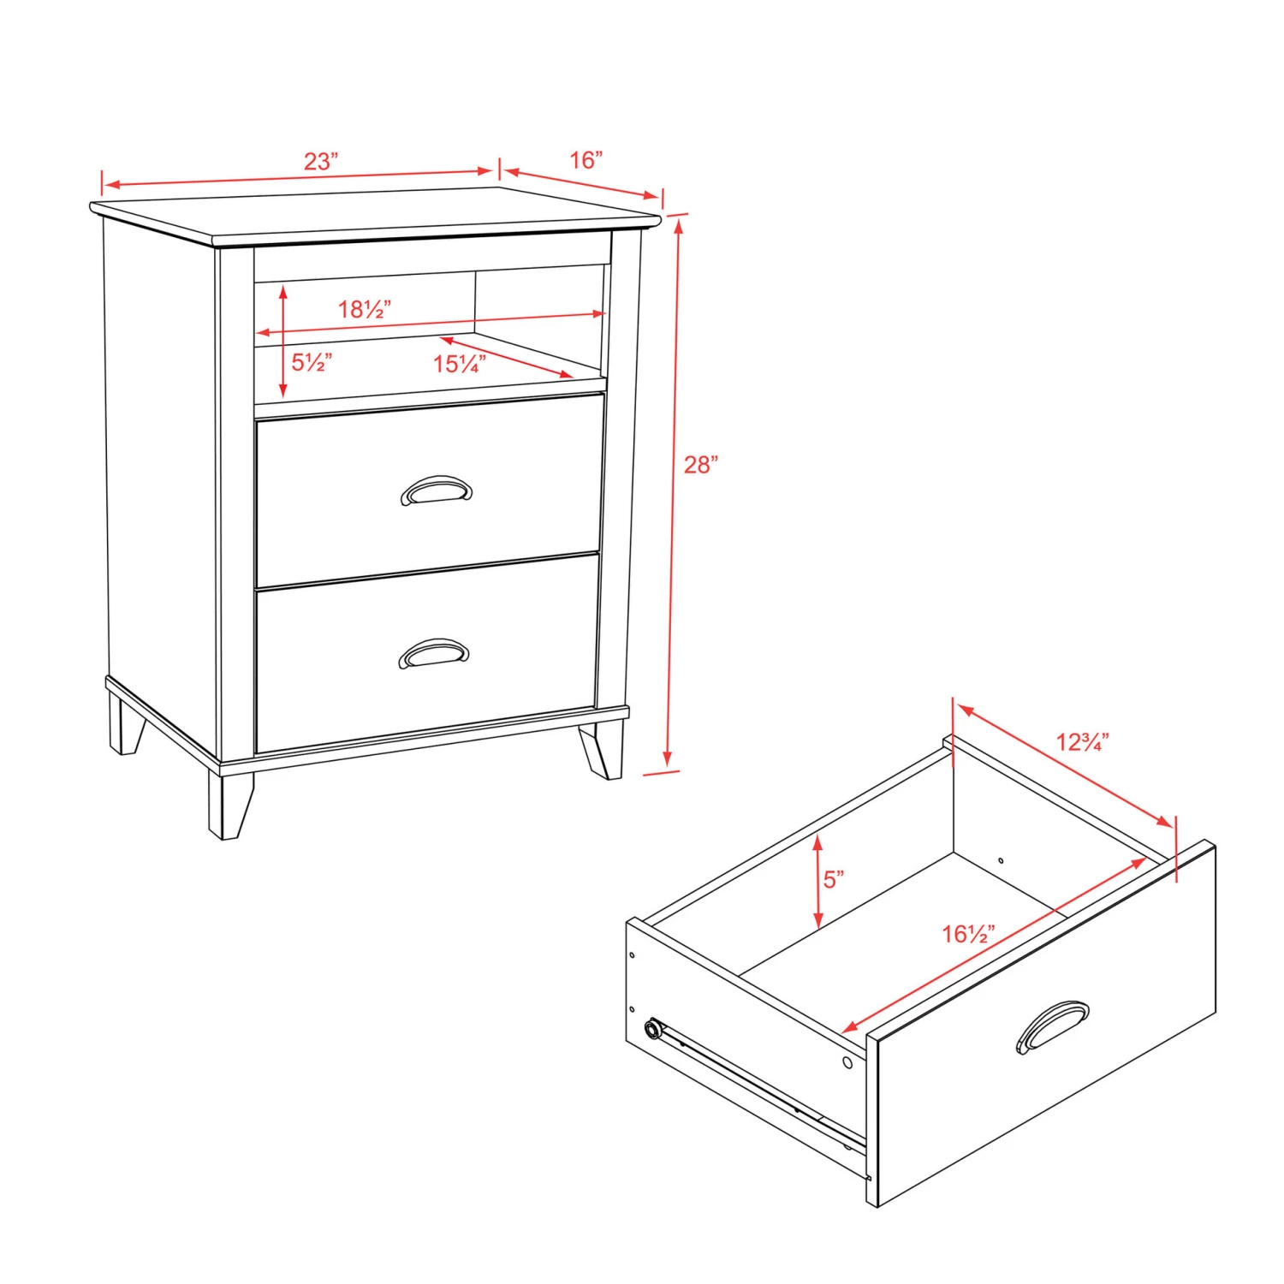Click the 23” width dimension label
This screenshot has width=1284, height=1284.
[321, 161]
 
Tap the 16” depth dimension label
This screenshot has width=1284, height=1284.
[586, 160]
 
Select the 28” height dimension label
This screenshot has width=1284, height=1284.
[700, 465]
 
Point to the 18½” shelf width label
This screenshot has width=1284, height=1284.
[365, 309]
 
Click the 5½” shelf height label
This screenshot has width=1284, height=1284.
[312, 363]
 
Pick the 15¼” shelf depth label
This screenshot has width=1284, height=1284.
[460, 364]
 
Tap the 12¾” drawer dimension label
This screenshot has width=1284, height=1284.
[1082, 741]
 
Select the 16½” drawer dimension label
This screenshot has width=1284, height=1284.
[969, 934]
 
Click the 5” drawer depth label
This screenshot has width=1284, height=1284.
[834, 879]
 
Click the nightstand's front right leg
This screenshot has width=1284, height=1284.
[602, 752]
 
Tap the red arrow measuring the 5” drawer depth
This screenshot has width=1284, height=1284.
[818, 883]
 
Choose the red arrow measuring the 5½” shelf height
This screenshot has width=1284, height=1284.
[283, 342]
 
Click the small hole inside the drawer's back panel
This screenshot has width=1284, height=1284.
[1001, 860]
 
